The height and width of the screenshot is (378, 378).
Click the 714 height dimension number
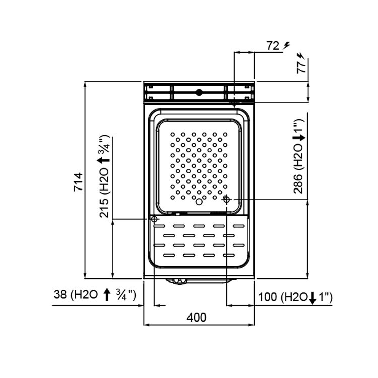tap(78, 182)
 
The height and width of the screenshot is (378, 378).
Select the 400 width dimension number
tap(197, 317)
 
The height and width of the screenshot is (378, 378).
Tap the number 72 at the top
tap(273, 46)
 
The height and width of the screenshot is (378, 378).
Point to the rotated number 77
tap(301, 67)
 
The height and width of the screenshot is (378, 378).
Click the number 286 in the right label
tap(298, 183)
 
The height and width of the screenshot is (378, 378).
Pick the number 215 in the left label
tap(104, 208)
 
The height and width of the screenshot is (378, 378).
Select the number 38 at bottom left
tap(60, 294)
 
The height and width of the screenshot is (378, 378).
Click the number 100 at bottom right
tap(267, 297)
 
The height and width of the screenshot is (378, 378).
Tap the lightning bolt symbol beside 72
tap(287, 45)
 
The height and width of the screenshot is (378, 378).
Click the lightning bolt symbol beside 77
tap(301, 55)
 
